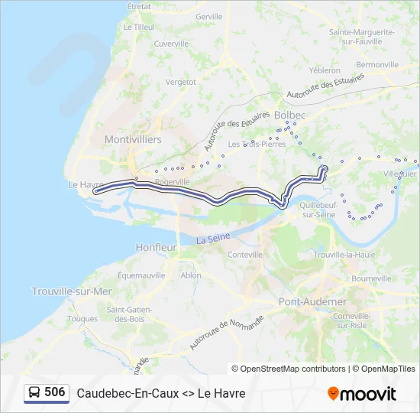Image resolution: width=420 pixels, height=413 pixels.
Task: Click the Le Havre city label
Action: click(86, 184)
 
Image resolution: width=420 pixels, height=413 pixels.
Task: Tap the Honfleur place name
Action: click(156, 248)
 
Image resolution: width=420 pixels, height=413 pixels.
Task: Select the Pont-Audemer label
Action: click(313, 301)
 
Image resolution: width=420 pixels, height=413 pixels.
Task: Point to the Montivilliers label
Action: click(133, 140)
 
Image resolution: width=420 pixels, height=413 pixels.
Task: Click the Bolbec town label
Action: click(289, 115)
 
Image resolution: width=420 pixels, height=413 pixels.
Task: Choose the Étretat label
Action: click(139, 6)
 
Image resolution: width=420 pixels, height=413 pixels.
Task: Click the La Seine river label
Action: click(213, 239)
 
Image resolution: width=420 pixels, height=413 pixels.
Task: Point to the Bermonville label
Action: click(377, 65)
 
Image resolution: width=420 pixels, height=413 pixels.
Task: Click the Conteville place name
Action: click(245, 255)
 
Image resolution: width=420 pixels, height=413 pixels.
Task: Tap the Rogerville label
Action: click(172, 182)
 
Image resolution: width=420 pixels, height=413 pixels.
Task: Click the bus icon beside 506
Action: click(34, 392)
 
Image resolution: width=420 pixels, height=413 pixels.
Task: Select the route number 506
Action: click(55, 392)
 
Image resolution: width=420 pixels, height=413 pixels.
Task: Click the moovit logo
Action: click(362, 394)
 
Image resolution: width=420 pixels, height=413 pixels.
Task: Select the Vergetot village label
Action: click(181, 81)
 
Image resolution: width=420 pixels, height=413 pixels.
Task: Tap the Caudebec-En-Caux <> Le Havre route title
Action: click(161, 393)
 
